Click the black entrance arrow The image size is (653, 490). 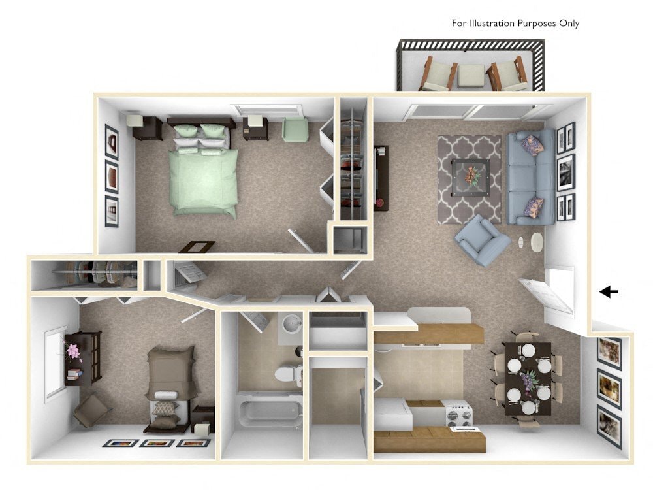(x=609, y=292)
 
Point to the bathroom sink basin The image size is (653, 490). (x=291, y=323)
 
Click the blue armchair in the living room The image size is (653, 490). (x=481, y=240)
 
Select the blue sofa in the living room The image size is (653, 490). (x=531, y=177)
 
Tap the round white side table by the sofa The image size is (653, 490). (x=537, y=242)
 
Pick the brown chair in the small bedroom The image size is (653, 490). (x=92, y=410)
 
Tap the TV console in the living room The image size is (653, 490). (x=381, y=177)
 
